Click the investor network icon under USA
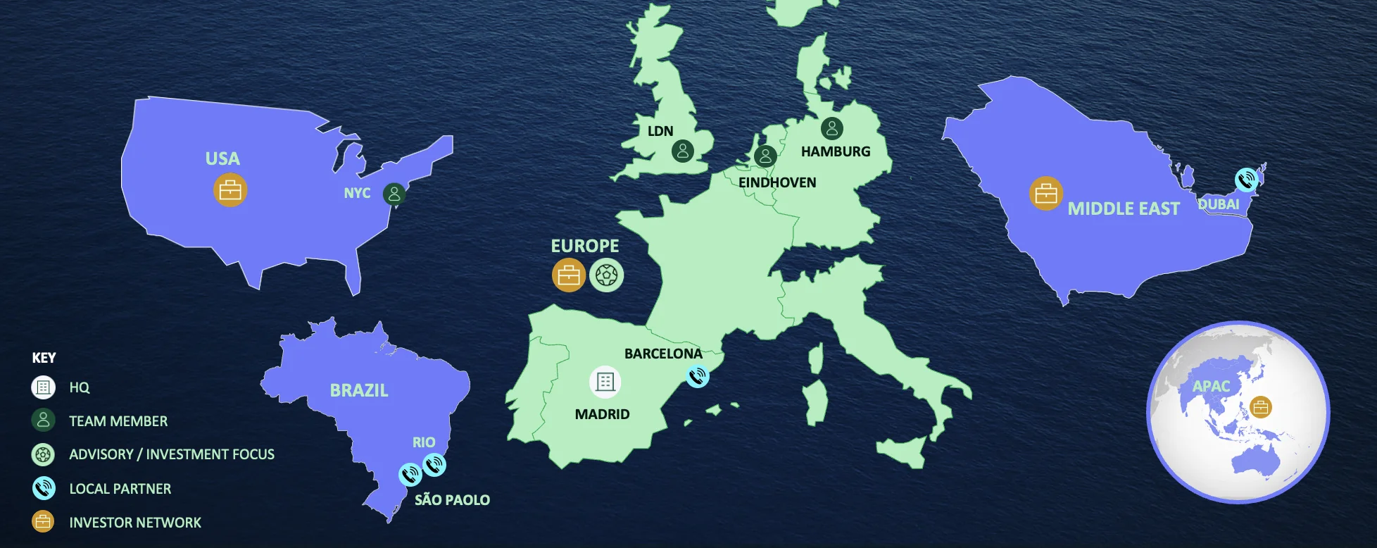230,190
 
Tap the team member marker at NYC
394,194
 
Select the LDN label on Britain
660,131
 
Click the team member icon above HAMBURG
831,128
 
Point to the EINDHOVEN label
777,182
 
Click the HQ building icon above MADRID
605,382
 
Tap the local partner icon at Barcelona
697,376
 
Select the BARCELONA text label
663,354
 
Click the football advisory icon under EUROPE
606,275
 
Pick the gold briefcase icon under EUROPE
569,275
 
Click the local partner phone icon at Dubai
1247,180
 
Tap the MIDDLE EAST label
1124,208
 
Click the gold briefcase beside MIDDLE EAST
1046,194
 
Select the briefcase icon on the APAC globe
1260,407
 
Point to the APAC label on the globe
1211,386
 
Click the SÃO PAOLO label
452,500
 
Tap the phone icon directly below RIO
434,464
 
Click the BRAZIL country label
359,390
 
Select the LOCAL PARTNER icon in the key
43,488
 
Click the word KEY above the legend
44,358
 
